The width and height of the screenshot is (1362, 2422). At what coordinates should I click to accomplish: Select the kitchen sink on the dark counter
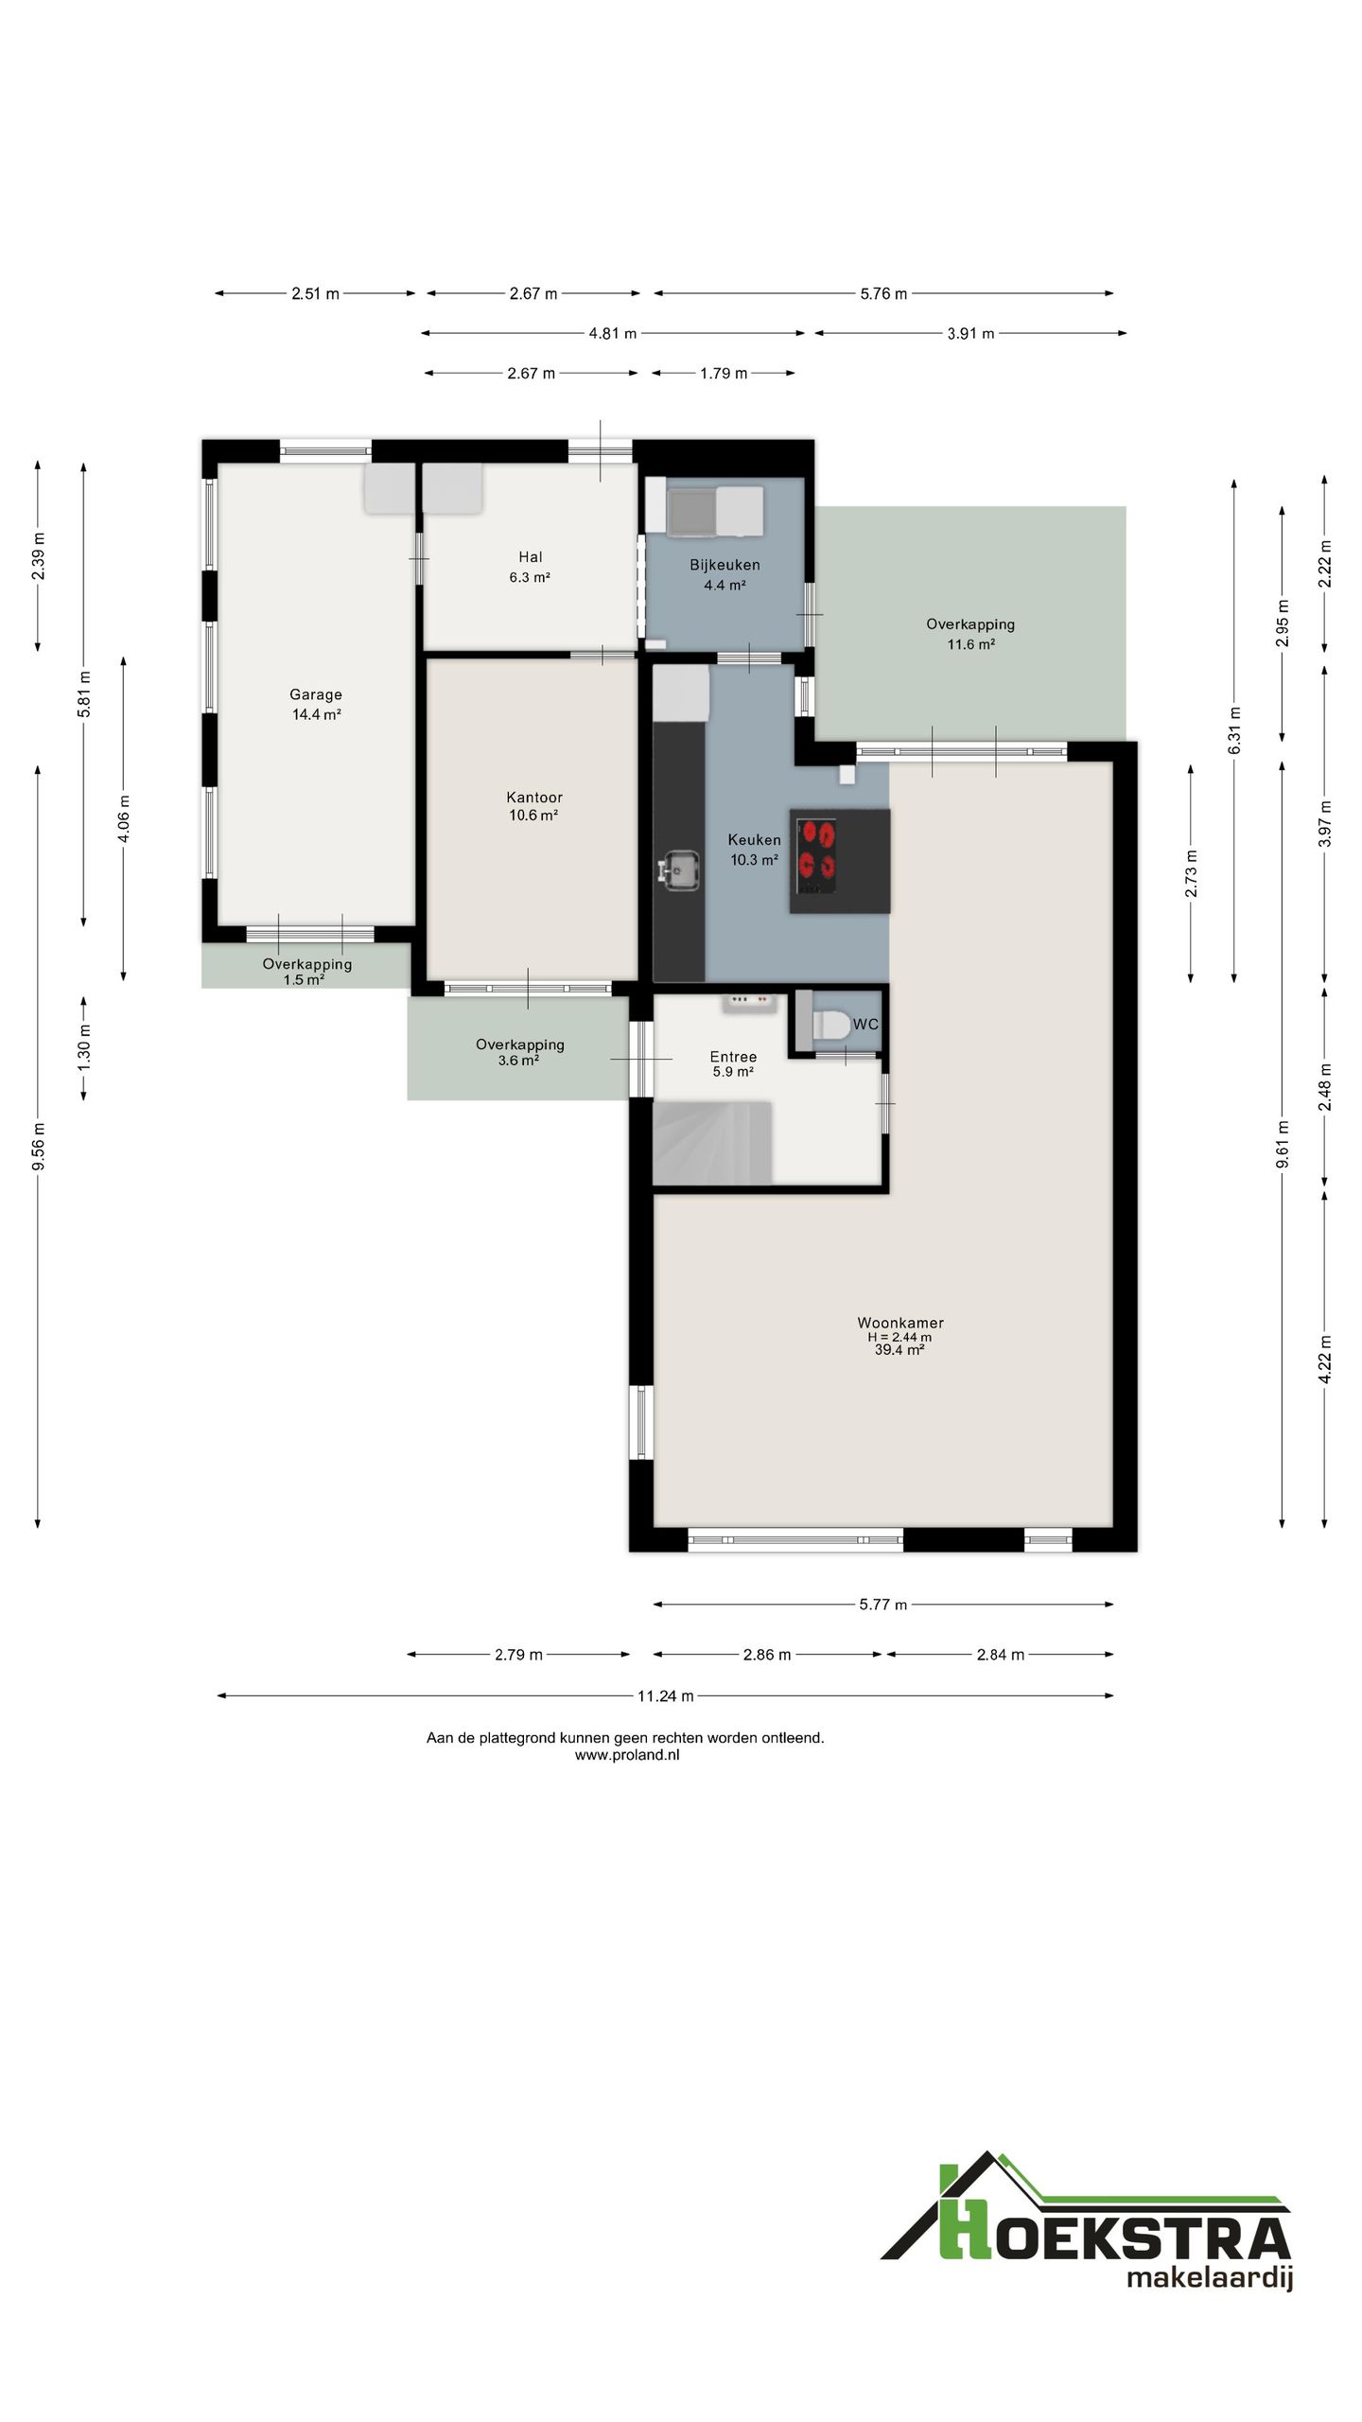point(679,869)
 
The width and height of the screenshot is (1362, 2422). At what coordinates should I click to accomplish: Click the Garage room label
point(316,704)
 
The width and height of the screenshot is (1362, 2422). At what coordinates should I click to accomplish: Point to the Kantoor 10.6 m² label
point(533,806)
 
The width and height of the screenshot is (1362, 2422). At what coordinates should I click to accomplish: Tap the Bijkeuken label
point(725,565)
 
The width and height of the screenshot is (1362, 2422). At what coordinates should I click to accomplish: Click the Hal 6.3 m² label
point(530,567)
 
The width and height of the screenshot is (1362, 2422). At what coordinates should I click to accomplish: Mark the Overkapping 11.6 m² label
point(970,634)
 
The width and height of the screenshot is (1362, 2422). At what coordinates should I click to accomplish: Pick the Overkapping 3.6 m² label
point(519,1052)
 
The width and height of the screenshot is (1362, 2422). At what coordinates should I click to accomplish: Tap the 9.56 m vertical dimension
point(38,1146)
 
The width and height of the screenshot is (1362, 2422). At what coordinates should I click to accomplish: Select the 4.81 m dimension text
point(612,333)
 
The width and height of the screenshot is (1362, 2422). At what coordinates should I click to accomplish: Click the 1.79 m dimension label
point(724,373)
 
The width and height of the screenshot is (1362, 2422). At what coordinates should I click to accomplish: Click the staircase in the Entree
point(712,1142)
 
